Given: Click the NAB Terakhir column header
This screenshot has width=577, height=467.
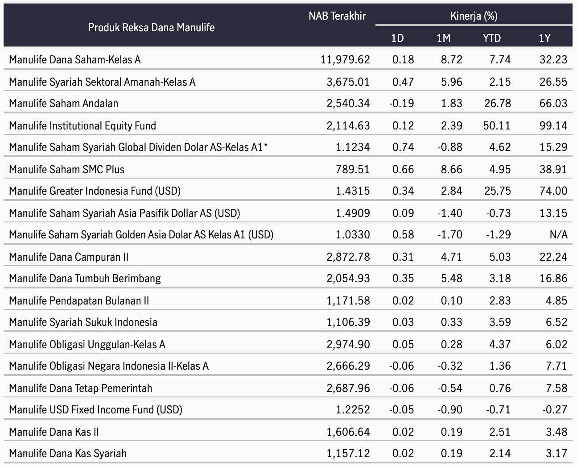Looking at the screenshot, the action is pyautogui.click(x=337, y=16).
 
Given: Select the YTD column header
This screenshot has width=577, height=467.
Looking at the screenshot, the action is pyautogui.click(x=492, y=38).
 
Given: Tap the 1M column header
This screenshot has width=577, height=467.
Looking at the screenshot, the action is pyautogui.click(x=443, y=38).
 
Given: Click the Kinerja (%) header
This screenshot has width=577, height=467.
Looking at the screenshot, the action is pyautogui.click(x=474, y=16).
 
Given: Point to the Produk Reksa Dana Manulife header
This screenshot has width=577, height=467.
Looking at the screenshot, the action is pyautogui.click(x=152, y=27).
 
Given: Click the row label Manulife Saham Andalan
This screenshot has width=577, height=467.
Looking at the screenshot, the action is pyautogui.click(x=63, y=103).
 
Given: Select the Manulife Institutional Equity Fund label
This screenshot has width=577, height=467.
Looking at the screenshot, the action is pyautogui.click(x=82, y=125).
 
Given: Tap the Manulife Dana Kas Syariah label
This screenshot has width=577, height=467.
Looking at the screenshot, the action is pyautogui.click(x=68, y=453).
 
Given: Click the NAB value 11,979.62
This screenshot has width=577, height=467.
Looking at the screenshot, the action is pyautogui.click(x=345, y=60).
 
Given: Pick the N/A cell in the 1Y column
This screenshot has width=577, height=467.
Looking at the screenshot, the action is pyautogui.click(x=558, y=234).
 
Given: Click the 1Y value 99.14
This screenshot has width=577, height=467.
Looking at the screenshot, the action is pyautogui.click(x=553, y=125).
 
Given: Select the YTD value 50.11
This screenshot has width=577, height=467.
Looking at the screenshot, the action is pyautogui.click(x=497, y=125).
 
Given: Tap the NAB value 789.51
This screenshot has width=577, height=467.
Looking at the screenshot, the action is pyautogui.click(x=352, y=169).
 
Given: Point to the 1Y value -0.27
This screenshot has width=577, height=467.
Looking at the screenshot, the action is pyautogui.click(x=555, y=409).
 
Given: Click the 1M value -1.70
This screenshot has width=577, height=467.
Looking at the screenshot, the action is pyautogui.click(x=450, y=234).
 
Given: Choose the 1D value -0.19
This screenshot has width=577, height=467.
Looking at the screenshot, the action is pyautogui.click(x=402, y=103).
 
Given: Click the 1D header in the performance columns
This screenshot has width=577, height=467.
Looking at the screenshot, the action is pyautogui.click(x=397, y=38).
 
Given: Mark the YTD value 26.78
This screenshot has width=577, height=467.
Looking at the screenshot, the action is pyautogui.click(x=497, y=103).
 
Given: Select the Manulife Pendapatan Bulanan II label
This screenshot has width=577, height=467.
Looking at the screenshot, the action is pyautogui.click(x=79, y=300).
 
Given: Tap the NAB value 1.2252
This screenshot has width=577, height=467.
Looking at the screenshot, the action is pyautogui.click(x=353, y=409).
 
